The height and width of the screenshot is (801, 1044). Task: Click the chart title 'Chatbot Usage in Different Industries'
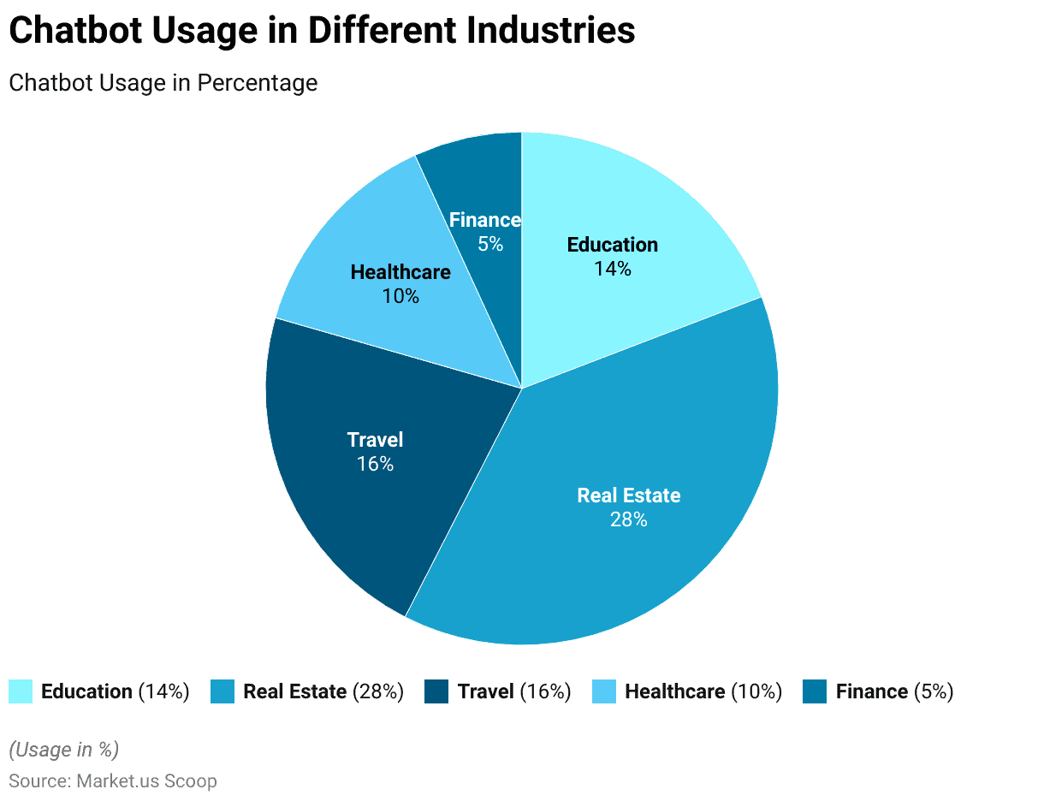pos(322,31)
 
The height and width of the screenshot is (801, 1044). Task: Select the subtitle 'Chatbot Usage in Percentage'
pos(163,83)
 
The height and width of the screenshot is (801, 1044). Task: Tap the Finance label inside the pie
pos(485,220)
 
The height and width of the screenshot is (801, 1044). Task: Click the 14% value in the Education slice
pos(612,269)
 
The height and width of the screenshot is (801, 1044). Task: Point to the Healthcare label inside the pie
pos(400,272)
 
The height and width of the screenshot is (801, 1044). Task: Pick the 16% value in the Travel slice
pos(375,464)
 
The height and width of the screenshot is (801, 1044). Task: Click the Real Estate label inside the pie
pos(628,495)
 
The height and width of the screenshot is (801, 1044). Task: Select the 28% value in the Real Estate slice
pos(628,519)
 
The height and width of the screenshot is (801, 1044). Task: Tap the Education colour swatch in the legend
pos(21,691)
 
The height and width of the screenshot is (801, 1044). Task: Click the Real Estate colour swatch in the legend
pos(222,691)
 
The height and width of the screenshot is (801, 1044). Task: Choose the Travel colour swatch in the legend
pos(436,691)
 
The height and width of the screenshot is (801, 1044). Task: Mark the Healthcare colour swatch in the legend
pos(604,691)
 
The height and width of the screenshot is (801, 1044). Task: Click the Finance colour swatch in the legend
pos(815,691)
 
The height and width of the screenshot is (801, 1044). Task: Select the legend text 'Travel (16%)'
pos(513,691)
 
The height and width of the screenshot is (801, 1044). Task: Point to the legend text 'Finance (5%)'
pos(894,691)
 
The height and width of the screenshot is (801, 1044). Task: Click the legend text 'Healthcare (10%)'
pos(703,691)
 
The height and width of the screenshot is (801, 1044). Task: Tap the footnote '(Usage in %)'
pos(63,750)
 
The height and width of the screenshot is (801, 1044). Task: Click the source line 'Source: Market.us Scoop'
pos(112,781)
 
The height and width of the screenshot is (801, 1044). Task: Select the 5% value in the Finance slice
pos(490,244)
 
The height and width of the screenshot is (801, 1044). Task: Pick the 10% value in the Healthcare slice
pos(400,296)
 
